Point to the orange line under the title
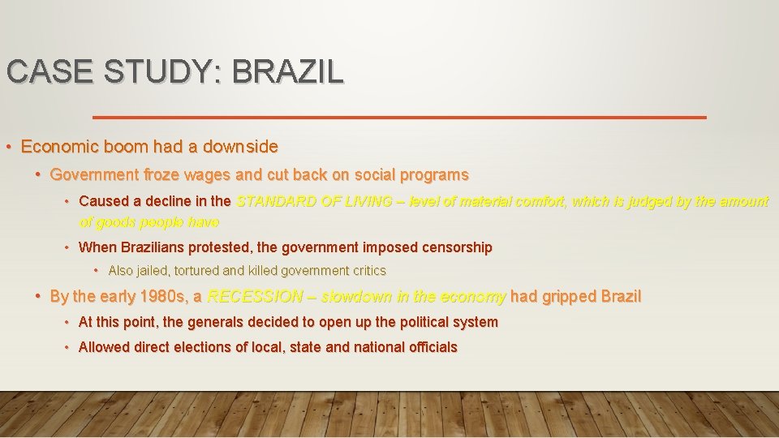[399, 118]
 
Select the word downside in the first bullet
[240, 147]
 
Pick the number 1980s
[164, 296]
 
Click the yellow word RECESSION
[256, 296]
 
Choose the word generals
[220, 322]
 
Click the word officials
[430, 347]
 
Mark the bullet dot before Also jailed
[97, 270]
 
